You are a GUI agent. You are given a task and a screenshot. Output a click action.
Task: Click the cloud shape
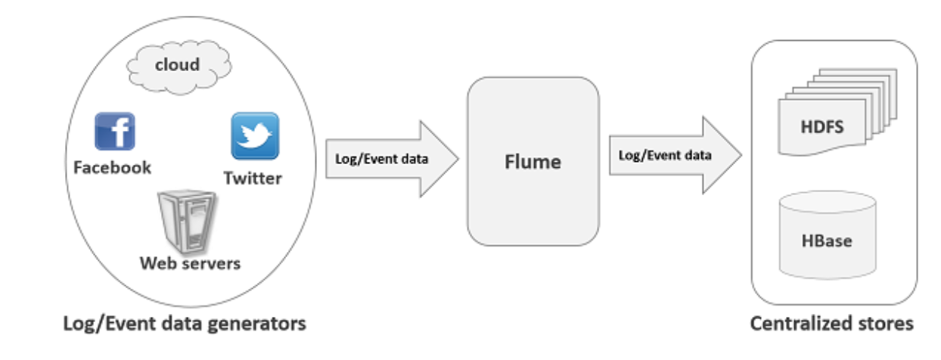177,67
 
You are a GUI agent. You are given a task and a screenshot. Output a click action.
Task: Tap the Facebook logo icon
114,132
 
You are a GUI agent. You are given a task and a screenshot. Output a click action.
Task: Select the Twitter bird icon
254,136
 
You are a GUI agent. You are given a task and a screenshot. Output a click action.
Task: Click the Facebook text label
112,167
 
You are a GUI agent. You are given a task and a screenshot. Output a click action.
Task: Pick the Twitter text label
253,178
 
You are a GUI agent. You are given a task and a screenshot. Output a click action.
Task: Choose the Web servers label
190,263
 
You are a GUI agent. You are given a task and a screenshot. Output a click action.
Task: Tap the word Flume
533,161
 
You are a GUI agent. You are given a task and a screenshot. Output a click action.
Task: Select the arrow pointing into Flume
393,159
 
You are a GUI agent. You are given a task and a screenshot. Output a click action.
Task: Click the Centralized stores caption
831,324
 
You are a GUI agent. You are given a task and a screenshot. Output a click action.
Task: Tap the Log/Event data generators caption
185,324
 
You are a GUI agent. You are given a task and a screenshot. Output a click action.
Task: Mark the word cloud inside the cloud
177,64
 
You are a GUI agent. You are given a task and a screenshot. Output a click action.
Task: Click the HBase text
827,241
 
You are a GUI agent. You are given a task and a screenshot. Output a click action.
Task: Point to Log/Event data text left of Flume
381,159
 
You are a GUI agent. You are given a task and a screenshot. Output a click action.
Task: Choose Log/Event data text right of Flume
665,155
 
